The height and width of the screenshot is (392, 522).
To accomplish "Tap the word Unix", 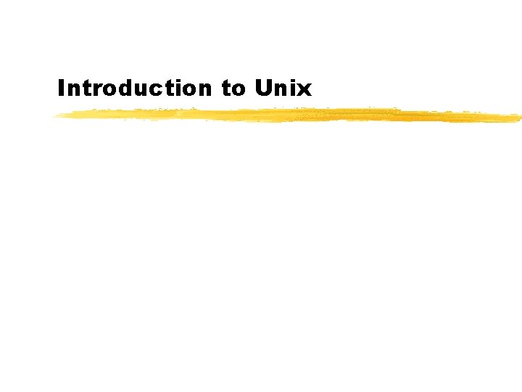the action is pos(283,89).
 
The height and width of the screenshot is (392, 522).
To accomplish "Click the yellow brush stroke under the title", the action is pos(290,115).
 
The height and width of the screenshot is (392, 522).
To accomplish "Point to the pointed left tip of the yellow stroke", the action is pos(55,116).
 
